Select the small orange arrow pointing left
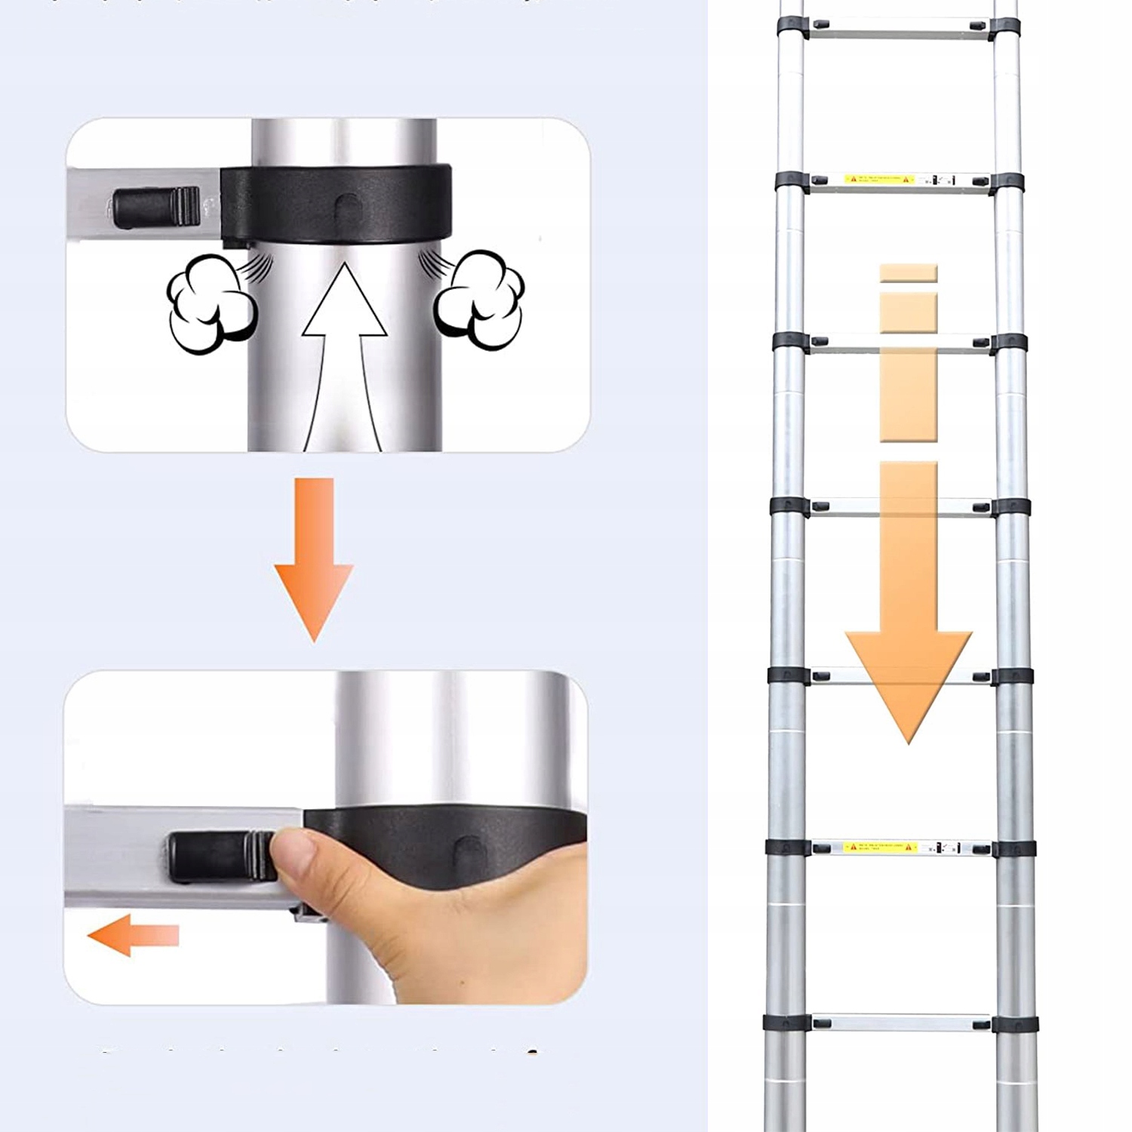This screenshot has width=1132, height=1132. coord(132,936)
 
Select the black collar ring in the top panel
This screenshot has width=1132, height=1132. coord(337,204)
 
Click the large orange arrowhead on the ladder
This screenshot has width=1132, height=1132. coord(909,679)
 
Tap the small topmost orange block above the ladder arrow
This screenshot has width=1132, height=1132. coord(909,273)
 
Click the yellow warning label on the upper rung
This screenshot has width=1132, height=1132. coord(878,180)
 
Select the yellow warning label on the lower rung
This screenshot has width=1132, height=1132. coord(878,847)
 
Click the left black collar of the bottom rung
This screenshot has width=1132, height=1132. coord(785,1023)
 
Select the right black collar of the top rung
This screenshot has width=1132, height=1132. coord(1005,29)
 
